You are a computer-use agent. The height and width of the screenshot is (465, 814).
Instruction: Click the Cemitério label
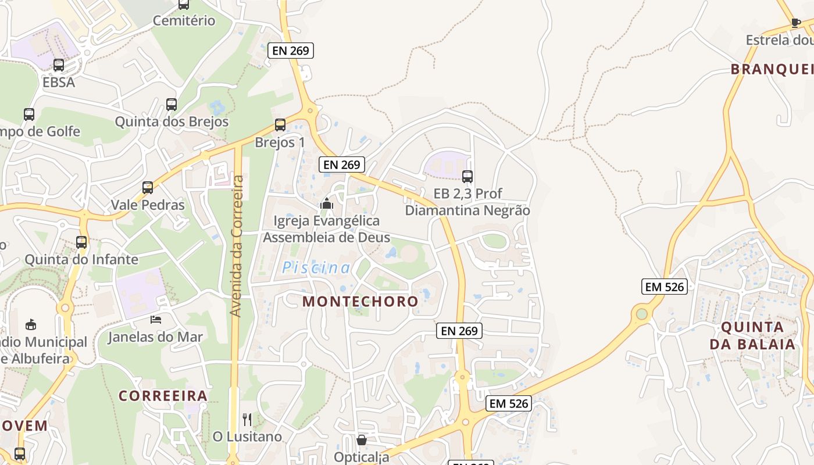click(184, 21)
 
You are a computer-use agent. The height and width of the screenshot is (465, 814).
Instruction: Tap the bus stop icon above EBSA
click(59, 65)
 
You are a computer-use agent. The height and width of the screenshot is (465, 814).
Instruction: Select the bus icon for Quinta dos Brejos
click(171, 105)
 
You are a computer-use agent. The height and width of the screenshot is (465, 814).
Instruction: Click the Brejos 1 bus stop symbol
click(280, 124)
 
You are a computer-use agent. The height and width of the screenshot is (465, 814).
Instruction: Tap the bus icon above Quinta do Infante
click(81, 242)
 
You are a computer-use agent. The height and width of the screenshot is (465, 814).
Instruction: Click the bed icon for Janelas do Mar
click(155, 319)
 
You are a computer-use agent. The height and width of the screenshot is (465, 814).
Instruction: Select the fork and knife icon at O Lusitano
click(247, 419)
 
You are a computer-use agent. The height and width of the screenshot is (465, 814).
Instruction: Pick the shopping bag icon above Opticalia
click(362, 440)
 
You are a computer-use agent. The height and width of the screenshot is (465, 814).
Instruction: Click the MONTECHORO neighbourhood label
click(360, 301)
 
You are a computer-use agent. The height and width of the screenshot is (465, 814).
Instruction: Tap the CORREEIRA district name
click(163, 396)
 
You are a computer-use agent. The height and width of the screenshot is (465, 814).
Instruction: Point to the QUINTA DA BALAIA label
click(752, 335)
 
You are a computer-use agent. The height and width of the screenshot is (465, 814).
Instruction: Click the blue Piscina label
click(316, 268)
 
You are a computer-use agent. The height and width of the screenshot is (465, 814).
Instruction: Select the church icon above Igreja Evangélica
click(326, 203)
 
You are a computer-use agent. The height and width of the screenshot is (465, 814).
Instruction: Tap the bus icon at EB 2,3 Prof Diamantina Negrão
click(467, 176)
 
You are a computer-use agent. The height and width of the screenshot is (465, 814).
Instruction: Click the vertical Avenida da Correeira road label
click(236, 246)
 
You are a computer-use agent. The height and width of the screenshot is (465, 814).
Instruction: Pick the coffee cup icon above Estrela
click(796, 23)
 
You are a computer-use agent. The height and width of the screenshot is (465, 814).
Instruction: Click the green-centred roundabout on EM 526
click(641, 314)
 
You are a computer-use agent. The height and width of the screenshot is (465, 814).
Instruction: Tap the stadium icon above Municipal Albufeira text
click(31, 324)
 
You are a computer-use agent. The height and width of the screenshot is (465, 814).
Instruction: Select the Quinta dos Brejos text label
click(172, 122)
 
